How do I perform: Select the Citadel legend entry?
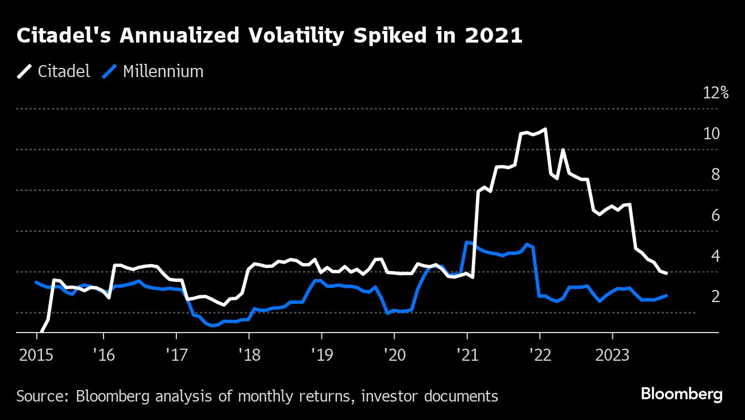pyautogui.click(x=54, y=71)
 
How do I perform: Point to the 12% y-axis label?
pyautogui.click(x=716, y=93)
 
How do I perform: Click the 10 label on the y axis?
pyautogui.click(x=712, y=133)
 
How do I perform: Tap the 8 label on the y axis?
pyautogui.click(x=715, y=174)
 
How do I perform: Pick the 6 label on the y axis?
pyautogui.click(x=715, y=215)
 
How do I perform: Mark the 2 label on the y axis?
pyautogui.click(x=715, y=296)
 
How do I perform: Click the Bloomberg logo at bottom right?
pyautogui.click(x=681, y=395)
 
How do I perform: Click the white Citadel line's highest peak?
pyautogui.click(x=544, y=129)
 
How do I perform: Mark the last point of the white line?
pyautogui.click(x=666, y=273)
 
